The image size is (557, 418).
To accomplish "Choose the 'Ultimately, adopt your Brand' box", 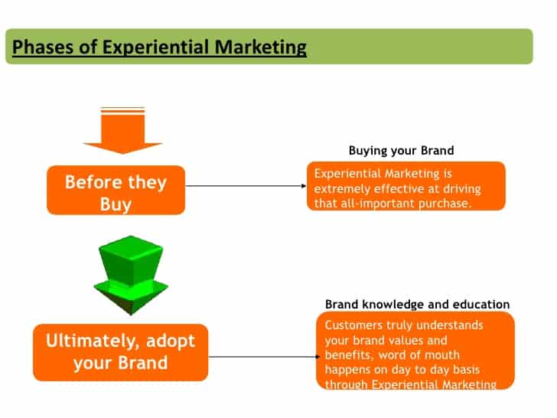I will (120, 351).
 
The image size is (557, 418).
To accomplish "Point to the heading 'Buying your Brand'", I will (401, 150).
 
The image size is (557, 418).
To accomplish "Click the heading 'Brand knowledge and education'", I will (417, 305).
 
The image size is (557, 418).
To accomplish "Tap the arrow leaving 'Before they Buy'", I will (245, 185).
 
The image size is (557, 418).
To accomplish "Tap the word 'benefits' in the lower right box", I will (348, 354).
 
